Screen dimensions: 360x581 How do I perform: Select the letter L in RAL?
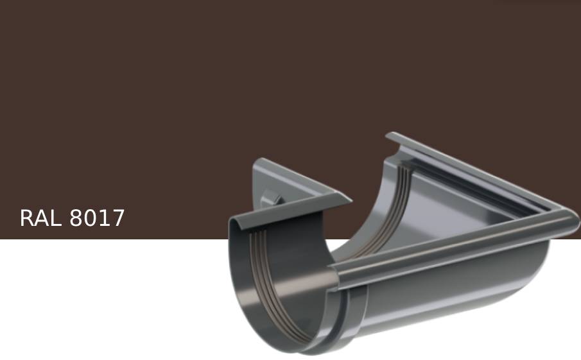(56, 218)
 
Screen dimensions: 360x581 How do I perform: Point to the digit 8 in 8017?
(76, 218)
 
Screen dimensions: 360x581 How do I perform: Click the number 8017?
(97, 218)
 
